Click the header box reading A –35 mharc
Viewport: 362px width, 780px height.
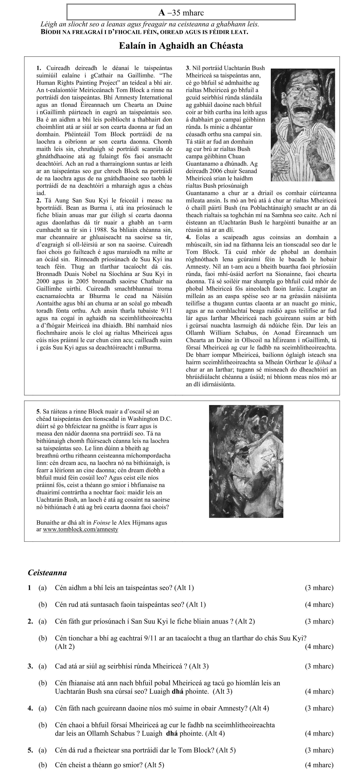tap(181, 12)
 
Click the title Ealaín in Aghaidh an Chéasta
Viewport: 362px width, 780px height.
tap(181, 46)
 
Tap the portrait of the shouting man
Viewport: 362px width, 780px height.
tap(303, 125)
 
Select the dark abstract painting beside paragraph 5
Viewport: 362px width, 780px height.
tap(246, 461)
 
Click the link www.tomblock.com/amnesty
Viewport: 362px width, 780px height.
tap(80, 529)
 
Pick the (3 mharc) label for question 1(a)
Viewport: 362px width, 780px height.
tap(319, 588)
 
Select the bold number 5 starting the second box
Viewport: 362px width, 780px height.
tap(38, 411)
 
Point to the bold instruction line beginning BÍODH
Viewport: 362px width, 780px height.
tap(144, 32)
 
